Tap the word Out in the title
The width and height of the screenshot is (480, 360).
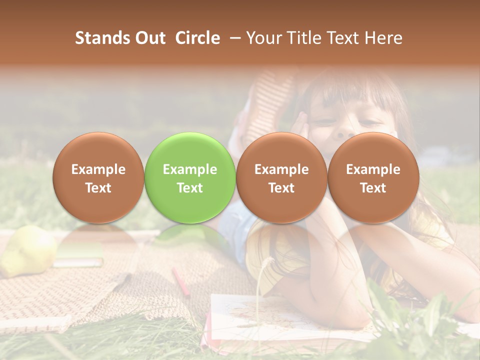tap(148, 38)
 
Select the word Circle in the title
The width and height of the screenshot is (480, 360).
tap(197, 38)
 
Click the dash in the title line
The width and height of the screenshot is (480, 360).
tap(233, 38)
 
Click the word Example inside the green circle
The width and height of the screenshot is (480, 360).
tap(190, 169)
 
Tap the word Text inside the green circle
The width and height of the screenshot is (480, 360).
tap(190, 188)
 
